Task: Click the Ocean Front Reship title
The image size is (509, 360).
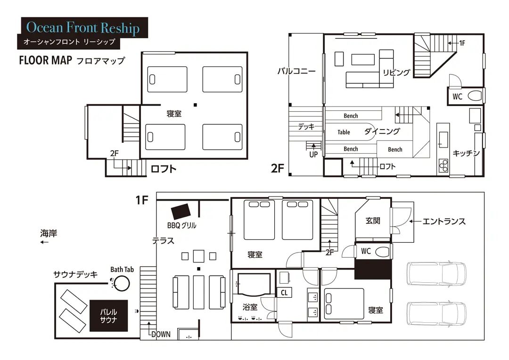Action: click(x=83, y=28)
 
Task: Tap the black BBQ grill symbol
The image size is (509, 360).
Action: click(x=181, y=211)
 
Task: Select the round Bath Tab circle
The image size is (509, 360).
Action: click(x=122, y=283)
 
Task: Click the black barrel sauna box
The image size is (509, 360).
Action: click(x=108, y=316)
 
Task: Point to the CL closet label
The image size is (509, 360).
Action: click(x=284, y=293)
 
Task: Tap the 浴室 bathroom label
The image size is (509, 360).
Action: click(x=250, y=307)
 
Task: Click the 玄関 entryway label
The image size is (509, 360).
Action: click(x=373, y=221)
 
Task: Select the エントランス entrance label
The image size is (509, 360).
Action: click(x=444, y=221)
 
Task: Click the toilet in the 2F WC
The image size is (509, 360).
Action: click(x=475, y=96)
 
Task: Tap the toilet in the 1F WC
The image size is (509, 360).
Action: click(x=382, y=252)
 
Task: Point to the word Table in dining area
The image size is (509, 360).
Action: click(x=344, y=132)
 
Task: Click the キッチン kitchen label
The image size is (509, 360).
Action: click(x=466, y=153)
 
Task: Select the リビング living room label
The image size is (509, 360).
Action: click(x=396, y=73)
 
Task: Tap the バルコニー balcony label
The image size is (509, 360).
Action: click(x=296, y=71)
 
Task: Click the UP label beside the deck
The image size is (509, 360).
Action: click(x=313, y=155)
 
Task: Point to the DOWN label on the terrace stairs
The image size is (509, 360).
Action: click(x=161, y=335)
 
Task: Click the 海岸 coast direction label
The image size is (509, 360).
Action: click(x=49, y=233)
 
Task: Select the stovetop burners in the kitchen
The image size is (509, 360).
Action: click(x=443, y=165)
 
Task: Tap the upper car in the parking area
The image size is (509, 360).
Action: click(x=436, y=273)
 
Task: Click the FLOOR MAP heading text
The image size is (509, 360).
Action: click(x=45, y=60)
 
